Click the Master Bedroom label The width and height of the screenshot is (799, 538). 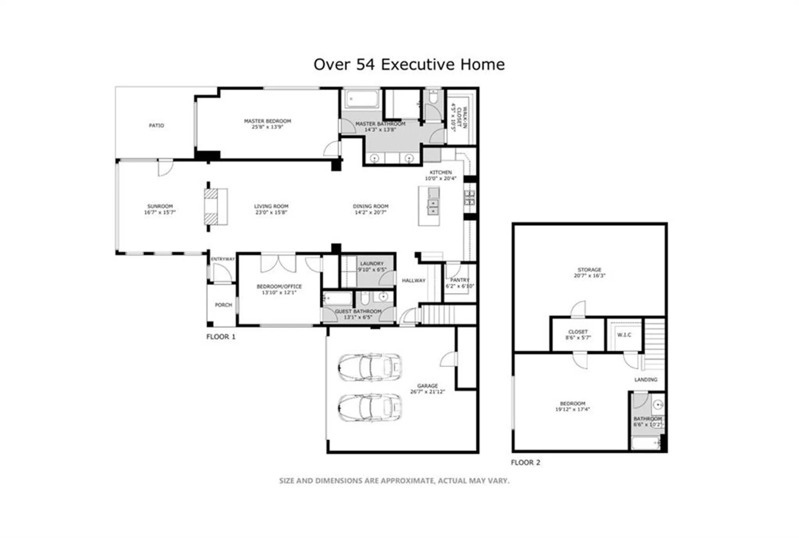pyautogui.click(x=267, y=121)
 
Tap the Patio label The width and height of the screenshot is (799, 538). pyautogui.click(x=156, y=125)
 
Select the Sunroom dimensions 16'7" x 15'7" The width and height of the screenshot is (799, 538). pyautogui.click(x=159, y=212)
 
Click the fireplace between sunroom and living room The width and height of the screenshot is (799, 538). pyautogui.click(x=216, y=207)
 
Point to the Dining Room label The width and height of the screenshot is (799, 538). pyautogui.click(x=370, y=206)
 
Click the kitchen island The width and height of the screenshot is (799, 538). pyautogui.click(x=429, y=206)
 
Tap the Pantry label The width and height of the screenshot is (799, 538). pyautogui.click(x=459, y=280)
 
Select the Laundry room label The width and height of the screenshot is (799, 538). pyautogui.click(x=372, y=263)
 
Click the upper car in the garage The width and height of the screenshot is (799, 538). pyautogui.click(x=370, y=367)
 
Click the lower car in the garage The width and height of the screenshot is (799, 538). pyautogui.click(x=370, y=407)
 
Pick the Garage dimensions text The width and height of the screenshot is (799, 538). pyautogui.click(x=427, y=392)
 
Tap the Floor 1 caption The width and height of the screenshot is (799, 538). pyautogui.click(x=221, y=337)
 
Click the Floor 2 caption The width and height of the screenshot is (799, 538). pyautogui.click(x=525, y=463)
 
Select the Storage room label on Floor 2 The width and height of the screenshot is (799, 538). pyautogui.click(x=589, y=270)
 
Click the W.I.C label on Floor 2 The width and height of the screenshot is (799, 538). pyautogui.click(x=624, y=335)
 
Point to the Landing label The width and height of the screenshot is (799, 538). pyautogui.click(x=646, y=380)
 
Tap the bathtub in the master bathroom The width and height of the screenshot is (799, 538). pyautogui.click(x=362, y=99)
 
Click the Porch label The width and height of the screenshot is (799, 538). pyautogui.click(x=223, y=305)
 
